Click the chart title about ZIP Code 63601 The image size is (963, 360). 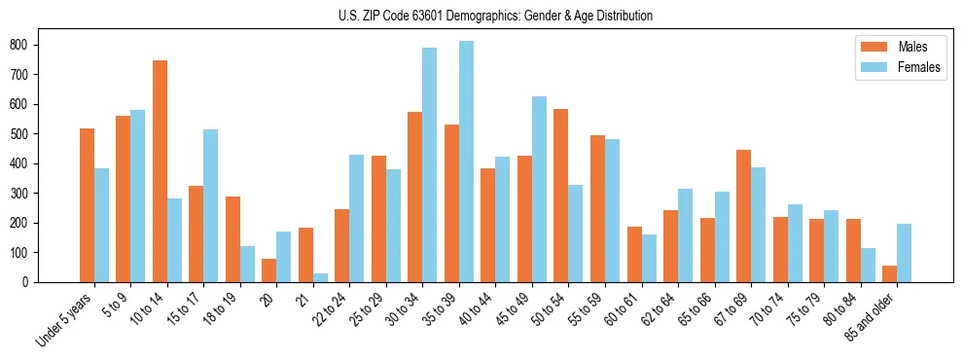(x=481, y=16)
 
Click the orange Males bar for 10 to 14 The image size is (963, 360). (x=160, y=171)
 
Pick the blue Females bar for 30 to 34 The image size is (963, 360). (x=429, y=165)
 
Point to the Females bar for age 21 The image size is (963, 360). (x=320, y=277)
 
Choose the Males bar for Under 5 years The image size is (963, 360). (x=87, y=205)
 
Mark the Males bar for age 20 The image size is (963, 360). (x=269, y=270)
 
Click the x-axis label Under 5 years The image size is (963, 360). (x=66, y=321)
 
